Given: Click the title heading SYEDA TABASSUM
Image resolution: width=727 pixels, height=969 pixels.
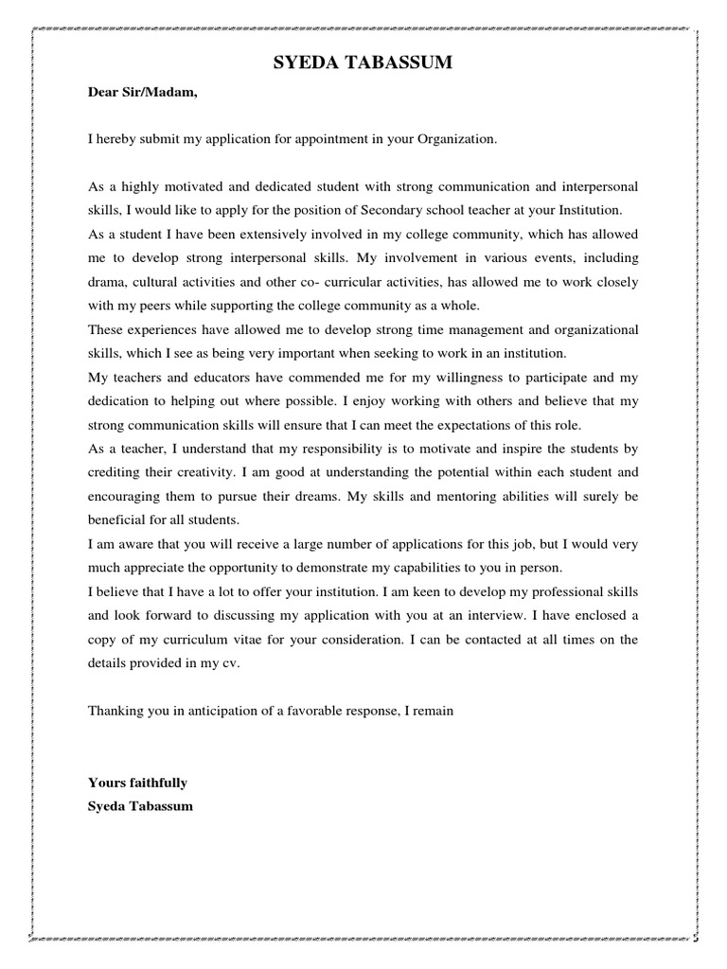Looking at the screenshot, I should [363, 63].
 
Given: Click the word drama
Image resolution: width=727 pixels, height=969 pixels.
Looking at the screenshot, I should [107, 282].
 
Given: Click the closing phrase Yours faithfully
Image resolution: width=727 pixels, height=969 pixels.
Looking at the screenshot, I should [137, 783].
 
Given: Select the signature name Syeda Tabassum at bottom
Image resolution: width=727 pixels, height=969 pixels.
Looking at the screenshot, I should [140, 807].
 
